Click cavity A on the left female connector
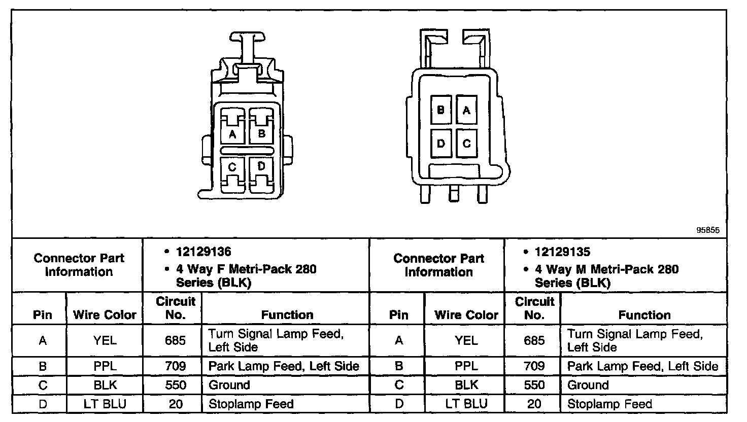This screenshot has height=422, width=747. click(x=232, y=130)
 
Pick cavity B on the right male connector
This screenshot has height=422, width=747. click(x=441, y=110)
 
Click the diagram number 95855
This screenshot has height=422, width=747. click(x=708, y=230)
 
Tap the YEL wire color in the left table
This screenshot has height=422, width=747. click(x=105, y=340)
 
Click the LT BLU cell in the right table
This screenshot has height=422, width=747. click(x=466, y=404)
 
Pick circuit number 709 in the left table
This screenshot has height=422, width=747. click(x=175, y=366)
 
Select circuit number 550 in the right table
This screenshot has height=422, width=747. click(x=534, y=385)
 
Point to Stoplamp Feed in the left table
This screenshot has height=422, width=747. click(x=251, y=404)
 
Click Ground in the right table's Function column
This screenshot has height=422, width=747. click(x=588, y=385)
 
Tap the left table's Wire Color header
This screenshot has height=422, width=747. click(x=105, y=314)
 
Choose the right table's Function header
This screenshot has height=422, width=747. click(x=644, y=314)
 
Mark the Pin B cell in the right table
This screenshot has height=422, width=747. click(x=399, y=366)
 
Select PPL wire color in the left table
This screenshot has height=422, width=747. click(x=105, y=366)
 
